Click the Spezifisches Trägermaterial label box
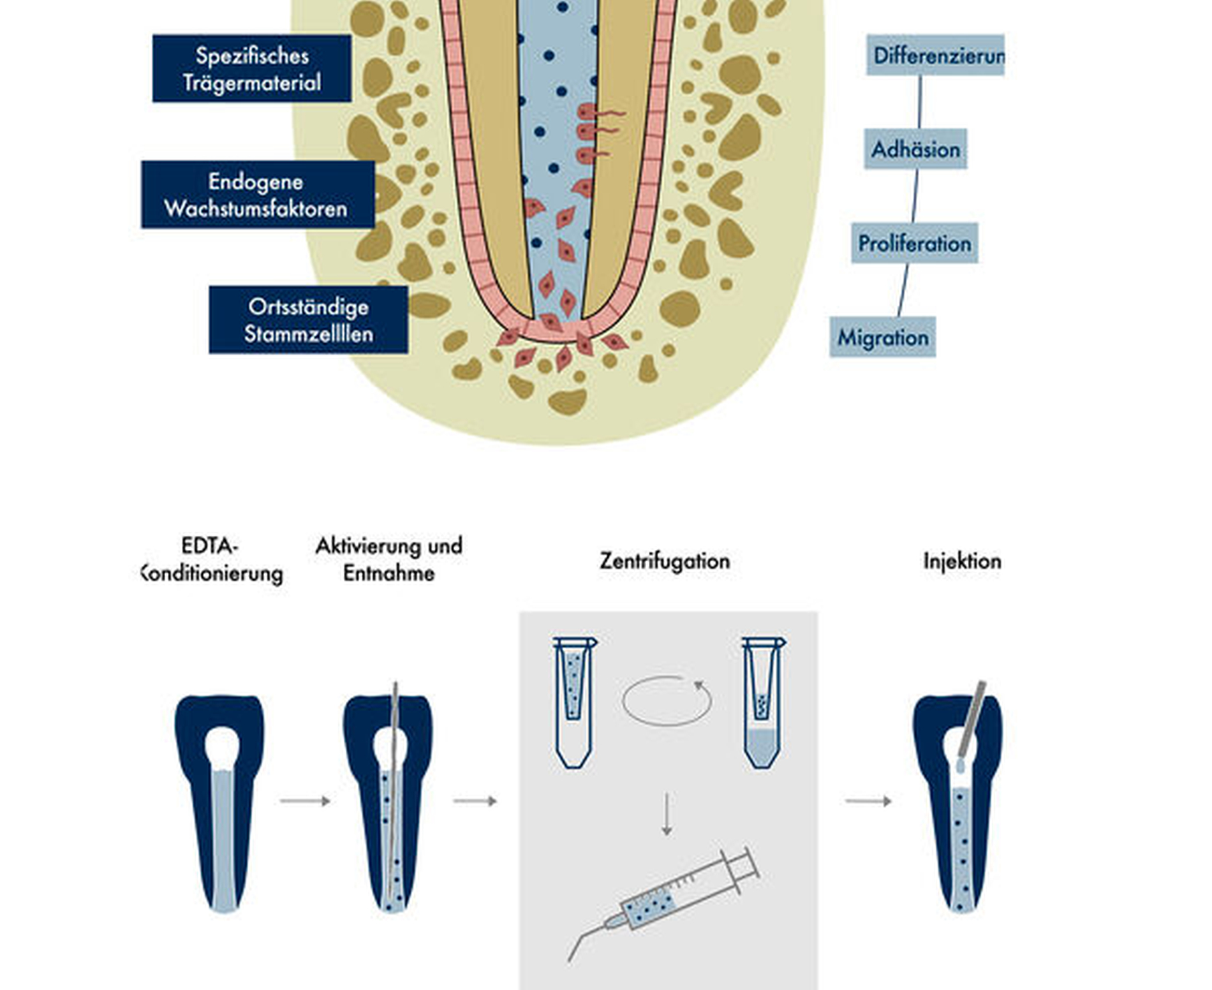tap(251, 68)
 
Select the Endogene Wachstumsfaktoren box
tap(257, 195)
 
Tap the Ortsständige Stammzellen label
tap(308, 320)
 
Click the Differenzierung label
tap(935, 55)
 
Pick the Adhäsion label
tap(915, 149)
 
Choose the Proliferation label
tap(914, 243)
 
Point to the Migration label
tap(882, 337)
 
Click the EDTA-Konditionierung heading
tap(211, 559)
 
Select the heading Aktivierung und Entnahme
tap(388, 559)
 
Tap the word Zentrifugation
tap(665, 561)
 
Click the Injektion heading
tap(962, 561)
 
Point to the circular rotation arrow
tap(667, 700)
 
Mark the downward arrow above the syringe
tap(667, 814)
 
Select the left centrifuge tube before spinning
tap(573, 702)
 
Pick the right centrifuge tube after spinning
tap(763, 702)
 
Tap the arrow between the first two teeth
tap(305, 801)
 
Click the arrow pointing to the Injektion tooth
tap(868, 801)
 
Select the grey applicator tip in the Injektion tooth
tap(972, 721)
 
